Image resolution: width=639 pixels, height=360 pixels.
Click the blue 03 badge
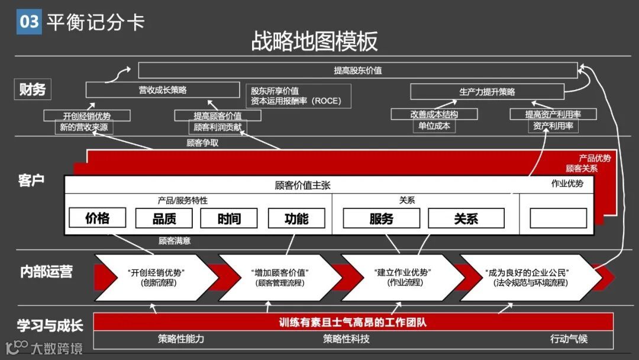pyautogui.click(x=29, y=22)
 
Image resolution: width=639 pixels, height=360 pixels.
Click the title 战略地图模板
pyautogui.click(x=314, y=41)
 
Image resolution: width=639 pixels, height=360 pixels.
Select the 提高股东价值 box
pyautogui.click(x=357, y=70)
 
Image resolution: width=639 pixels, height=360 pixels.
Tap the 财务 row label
pyautogui.click(x=32, y=90)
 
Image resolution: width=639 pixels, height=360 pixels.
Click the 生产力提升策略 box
pyautogui.click(x=487, y=92)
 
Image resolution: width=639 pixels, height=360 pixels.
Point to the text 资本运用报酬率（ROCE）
pyautogui.click(x=295, y=101)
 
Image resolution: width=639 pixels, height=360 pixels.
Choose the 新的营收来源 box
pyautogui.click(x=83, y=127)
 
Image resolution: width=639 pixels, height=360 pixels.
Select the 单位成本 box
pyautogui.click(x=434, y=126)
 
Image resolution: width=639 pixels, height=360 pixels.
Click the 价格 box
pyautogui.click(x=98, y=218)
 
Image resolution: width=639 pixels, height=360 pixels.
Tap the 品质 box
pyautogui.click(x=164, y=218)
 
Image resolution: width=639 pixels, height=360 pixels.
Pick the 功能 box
pyautogui.click(x=296, y=218)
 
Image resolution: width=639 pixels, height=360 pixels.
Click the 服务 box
pyautogui.click(x=381, y=218)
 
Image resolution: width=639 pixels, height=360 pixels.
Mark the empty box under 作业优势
pyautogui.click(x=558, y=218)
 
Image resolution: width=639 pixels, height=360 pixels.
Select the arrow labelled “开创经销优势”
pyautogui.click(x=156, y=277)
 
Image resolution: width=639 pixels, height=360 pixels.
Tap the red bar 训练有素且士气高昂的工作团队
pyautogui.click(x=353, y=323)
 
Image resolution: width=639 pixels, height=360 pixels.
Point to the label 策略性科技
pyautogui.click(x=346, y=339)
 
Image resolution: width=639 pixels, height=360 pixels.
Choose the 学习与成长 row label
pyautogui.click(x=50, y=325)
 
